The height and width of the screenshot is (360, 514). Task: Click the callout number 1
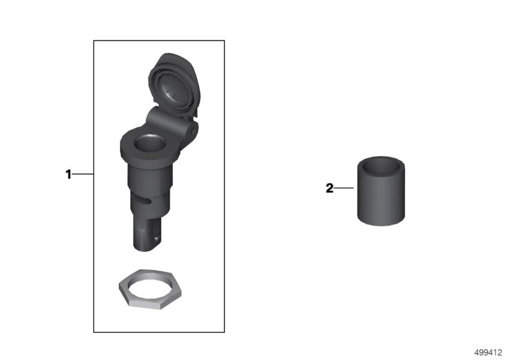pyautogui.click(x=68, y=174)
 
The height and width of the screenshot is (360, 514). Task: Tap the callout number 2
pyautogui.click(x=330, y=188)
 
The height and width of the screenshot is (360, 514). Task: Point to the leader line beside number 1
pyautogui.click(x=83, y=174)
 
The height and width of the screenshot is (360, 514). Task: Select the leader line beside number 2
pyautogui.click(x=344, y=188)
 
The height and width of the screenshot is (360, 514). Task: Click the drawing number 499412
pyautogui.click(x=488, y=352)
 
